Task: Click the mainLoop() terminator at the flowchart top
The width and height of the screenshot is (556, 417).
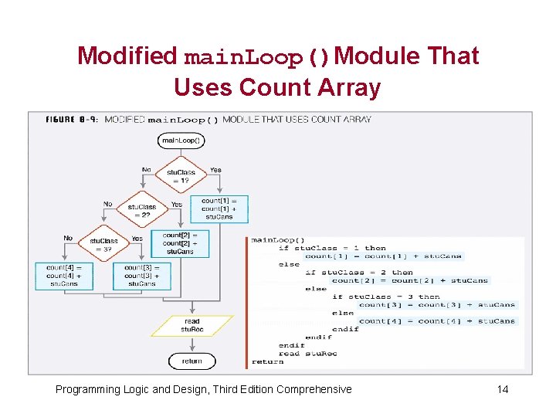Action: click(x=181, y=141)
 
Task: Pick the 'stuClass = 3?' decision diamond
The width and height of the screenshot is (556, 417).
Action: click(x=103, y=245)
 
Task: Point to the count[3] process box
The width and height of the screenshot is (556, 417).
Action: click(x=141, y=276)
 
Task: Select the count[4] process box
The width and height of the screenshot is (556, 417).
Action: click(x=64, y=276)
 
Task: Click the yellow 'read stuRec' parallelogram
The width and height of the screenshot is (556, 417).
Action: click(x=192, y=325)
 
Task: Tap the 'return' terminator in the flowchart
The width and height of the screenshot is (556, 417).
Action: click(x=192, y=361)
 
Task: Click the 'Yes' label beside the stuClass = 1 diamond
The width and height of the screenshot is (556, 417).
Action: click(x=215, y=169)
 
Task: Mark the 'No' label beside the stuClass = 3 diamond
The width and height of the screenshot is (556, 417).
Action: click(x=68, y=239)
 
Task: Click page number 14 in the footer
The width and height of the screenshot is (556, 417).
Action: click(x=503, y=389)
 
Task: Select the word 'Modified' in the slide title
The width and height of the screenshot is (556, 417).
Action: click(x=127, y=56)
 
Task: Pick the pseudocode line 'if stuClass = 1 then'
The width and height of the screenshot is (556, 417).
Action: click(x=332, y=248)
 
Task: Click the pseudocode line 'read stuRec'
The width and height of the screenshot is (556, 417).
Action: click(x=309, y=354)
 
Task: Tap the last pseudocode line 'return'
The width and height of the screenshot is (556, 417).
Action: click(x=267, y=361)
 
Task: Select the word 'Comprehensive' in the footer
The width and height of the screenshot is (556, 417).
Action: click(x=313, y=389)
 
